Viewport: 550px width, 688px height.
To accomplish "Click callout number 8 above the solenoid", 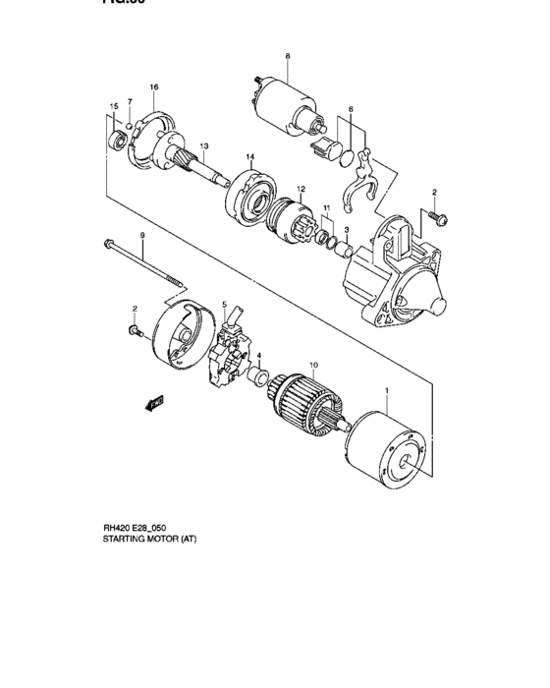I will pos(288,57).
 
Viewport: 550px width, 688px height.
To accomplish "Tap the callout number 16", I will pos(154,87).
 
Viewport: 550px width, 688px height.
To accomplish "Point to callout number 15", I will pos(114,105).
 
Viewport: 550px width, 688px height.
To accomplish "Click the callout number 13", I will pos(204,146).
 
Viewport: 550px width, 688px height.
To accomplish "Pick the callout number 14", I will pos(250,157).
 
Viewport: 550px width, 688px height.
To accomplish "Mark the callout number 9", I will pos(141,235).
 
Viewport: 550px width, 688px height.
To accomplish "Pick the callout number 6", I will pos(351,109).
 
